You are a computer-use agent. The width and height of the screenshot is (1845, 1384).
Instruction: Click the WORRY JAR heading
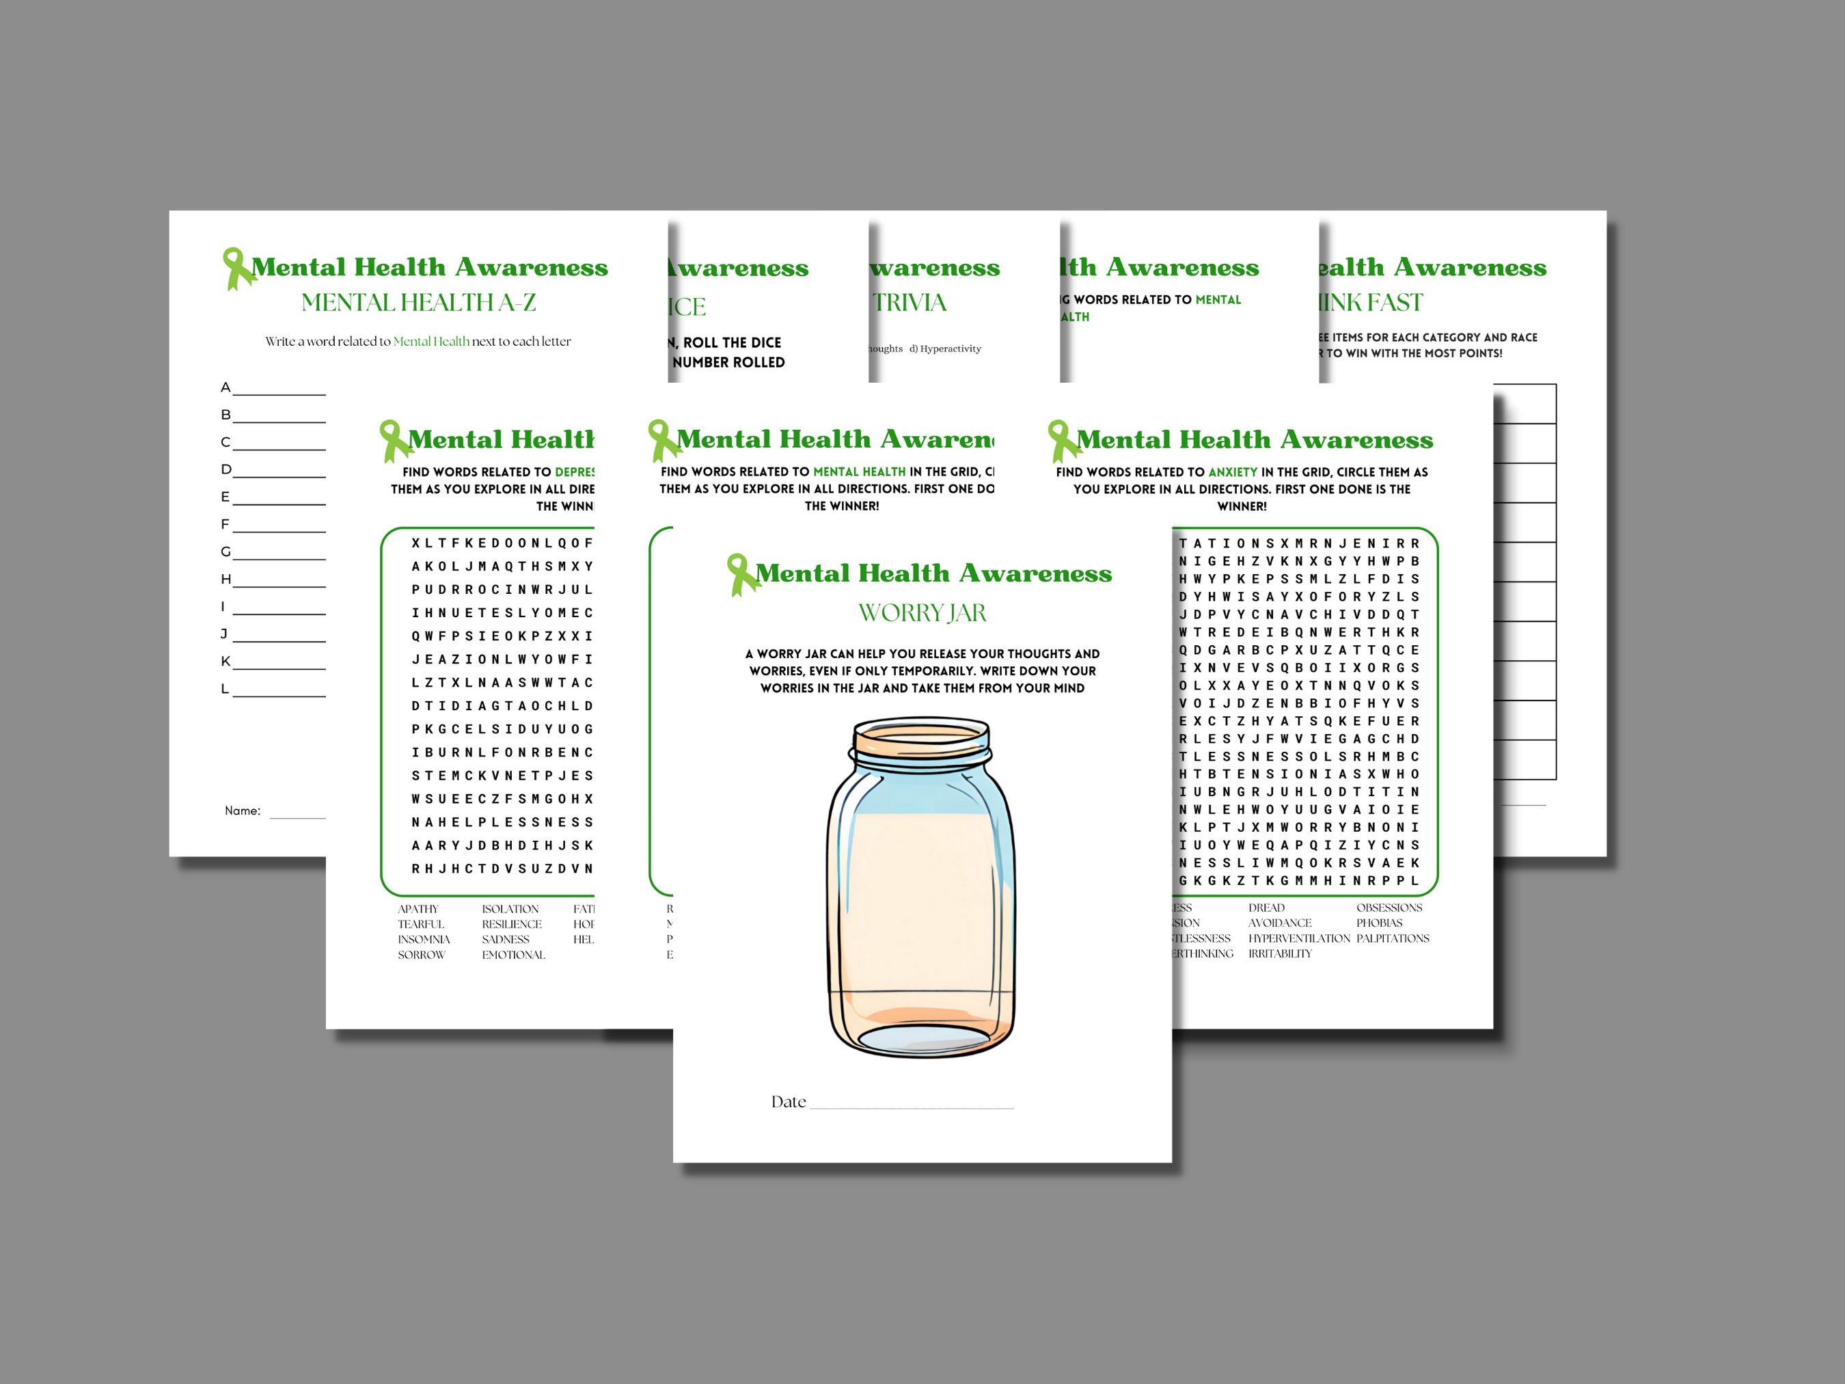(x=922, y=613)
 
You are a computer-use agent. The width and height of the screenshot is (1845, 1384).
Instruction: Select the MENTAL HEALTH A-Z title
(x=418, y=303)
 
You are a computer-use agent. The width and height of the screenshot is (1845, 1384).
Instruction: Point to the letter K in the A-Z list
(x=225, y=662)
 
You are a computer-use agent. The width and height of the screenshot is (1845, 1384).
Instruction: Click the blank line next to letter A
(x=279, y=393)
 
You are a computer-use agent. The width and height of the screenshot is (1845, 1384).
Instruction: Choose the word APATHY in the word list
(x=418, y=909)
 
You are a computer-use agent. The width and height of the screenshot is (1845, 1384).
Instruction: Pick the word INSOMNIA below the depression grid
(x=424, y=939)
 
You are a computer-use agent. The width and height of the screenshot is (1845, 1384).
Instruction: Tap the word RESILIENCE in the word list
(x=511, y=924)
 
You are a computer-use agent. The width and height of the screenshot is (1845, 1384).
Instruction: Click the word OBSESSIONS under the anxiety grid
(x=1389, y=908)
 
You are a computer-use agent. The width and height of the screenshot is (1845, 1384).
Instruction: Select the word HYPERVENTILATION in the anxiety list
(x=1298, y=938)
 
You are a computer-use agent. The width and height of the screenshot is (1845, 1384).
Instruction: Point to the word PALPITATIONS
(x=1392, y=938)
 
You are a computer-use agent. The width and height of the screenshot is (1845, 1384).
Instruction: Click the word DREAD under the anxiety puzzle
(x=1266, y=908)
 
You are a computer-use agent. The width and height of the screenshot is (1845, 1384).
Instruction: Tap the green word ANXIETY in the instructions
(x=1233, y=472)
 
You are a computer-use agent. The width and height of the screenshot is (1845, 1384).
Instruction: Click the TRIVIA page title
(x=910, y=303)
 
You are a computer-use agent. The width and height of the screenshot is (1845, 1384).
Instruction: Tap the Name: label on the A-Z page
(x=242, y=811)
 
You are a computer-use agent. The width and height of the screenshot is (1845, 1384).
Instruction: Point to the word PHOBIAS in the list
(x=1379, y=923)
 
